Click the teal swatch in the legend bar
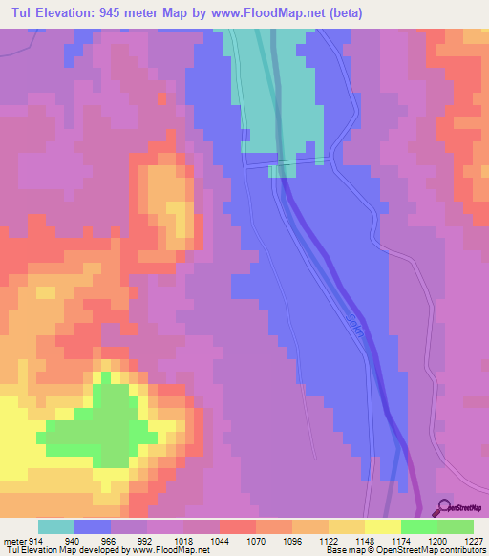coord(55,526)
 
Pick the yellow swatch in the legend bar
coord(382,526)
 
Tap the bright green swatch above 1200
coord(418,526)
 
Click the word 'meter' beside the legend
coord(12,540)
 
